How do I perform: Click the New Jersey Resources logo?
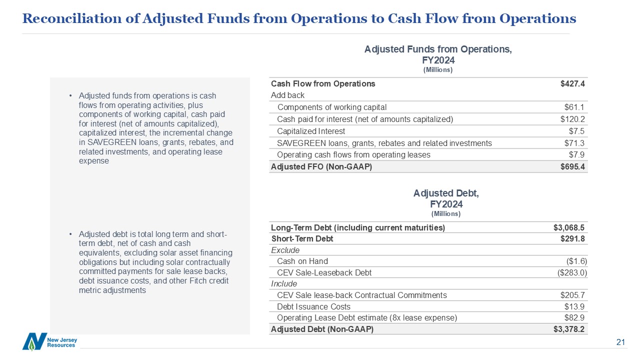click(x=49, y=341)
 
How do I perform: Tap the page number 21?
click(x=621, y=342)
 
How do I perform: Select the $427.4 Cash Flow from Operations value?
click(x=572, y=83)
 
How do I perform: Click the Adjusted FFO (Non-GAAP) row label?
click(x=321, y=166)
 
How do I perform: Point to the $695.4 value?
click(x=572, y=166)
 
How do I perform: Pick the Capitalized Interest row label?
click(x=311, y=131)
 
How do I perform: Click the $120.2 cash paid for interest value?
click(x=572, y=119)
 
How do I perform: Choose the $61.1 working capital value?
click(x=574, y=107)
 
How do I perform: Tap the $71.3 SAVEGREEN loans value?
click(x=574, y=143)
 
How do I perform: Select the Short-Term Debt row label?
click(x=302, y=238)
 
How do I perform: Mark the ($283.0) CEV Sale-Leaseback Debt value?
click(x=572, y=272)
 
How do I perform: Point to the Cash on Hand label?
click(x=302, y=261)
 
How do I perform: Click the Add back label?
click(x=287, y=95)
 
